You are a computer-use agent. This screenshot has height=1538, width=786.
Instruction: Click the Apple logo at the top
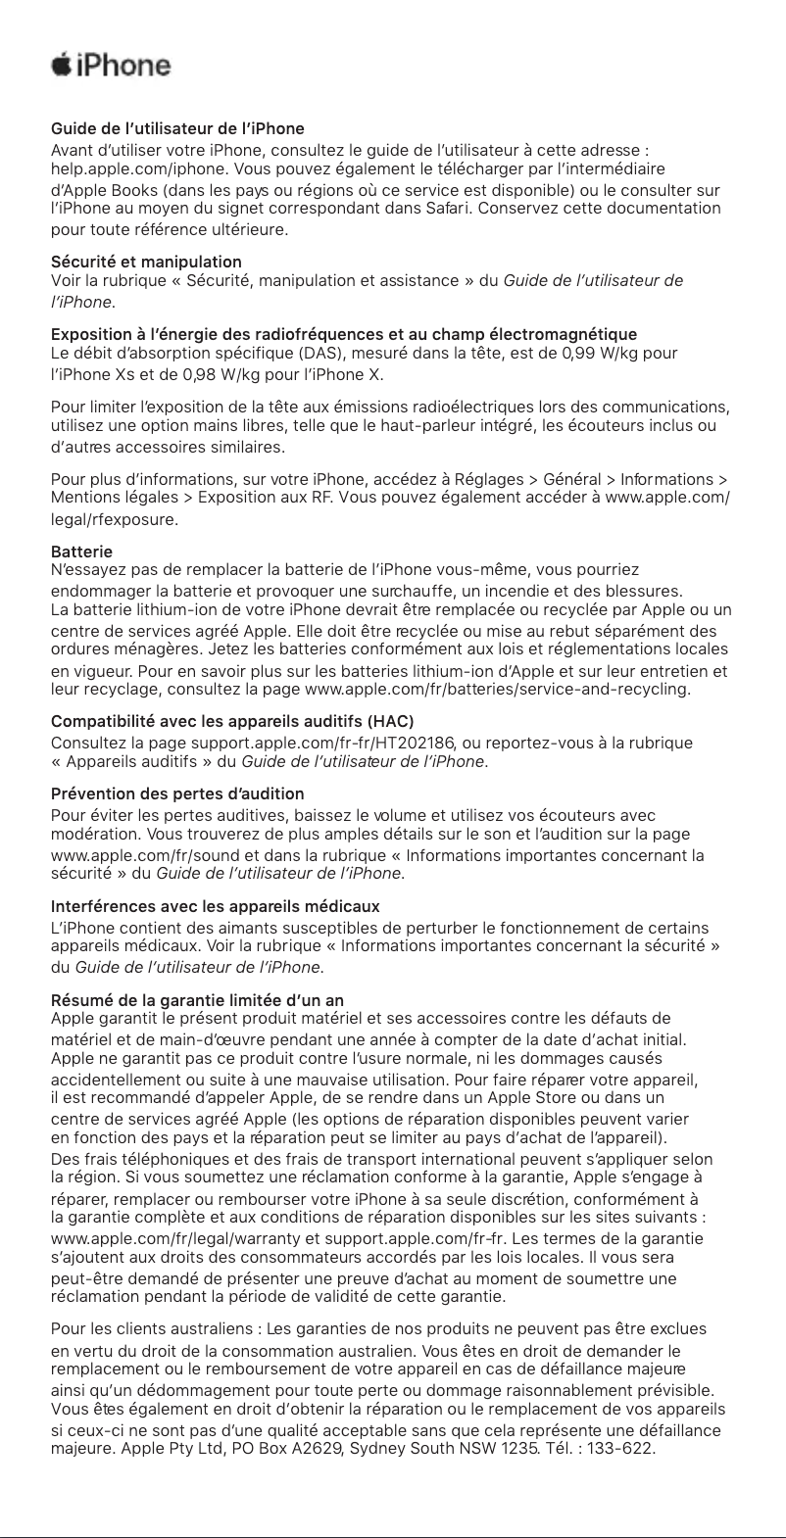[61, 66]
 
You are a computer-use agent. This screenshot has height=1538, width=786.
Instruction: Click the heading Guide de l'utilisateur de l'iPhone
[177, 129]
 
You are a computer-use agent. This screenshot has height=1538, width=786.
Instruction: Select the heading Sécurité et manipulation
[146, 262]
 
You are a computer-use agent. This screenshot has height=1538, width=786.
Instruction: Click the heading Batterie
[81, 552]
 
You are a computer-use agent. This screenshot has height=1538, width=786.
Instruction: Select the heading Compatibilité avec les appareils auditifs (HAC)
[232, 723]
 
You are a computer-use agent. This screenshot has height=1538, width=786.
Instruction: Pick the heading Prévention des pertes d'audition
[177, 793]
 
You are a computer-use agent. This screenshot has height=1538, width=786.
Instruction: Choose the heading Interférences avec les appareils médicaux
[215, 906]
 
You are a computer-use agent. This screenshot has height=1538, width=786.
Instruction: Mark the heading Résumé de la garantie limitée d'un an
[197, 1000]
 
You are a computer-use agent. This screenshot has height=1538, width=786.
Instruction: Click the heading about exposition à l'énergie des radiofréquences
[343, 335]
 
